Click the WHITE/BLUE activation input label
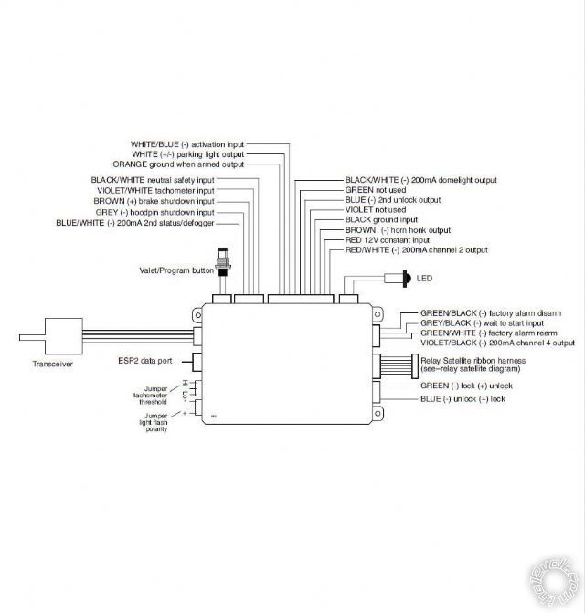[187, 144]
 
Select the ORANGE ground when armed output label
[178, 164]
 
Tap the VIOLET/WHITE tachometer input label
[156, 191]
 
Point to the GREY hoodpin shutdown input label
[154, 213]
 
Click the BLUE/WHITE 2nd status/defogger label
[135, 223]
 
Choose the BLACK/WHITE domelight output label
[420, 180]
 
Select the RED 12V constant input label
[388, 240]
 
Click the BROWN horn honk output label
[398, 230]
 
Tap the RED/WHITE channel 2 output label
[417, 250]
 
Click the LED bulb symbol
[406, 279]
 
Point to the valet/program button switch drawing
[224, 261]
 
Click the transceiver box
[64, 336]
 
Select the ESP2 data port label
[145, 361]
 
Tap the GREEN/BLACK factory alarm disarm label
[491, 313]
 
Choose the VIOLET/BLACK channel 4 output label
[497, 343]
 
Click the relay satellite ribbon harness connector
[414, 366]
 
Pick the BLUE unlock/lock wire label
[463, 399]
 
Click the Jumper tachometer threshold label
[151, 396]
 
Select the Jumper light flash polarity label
[154, 423]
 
